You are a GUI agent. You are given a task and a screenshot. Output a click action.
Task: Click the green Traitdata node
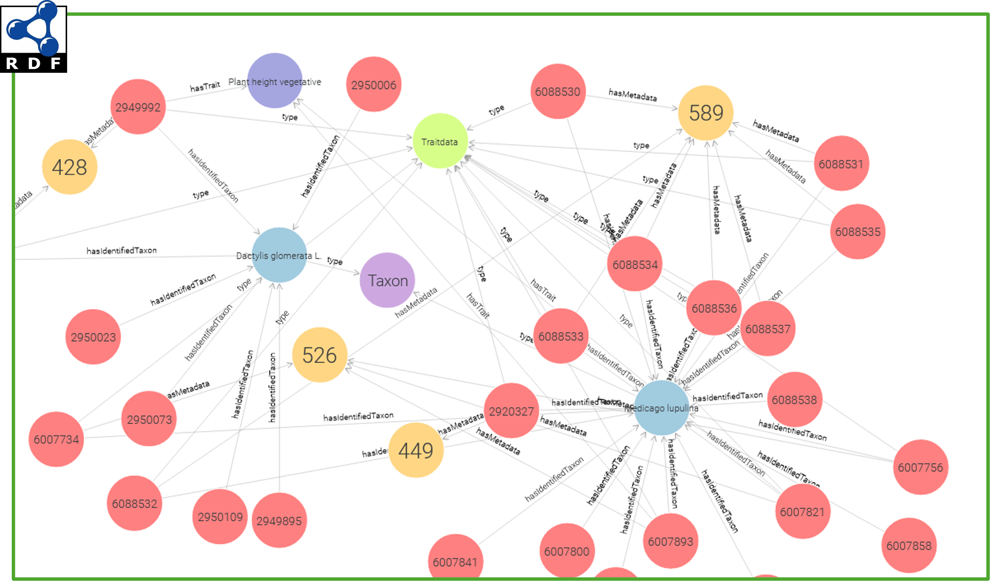440,141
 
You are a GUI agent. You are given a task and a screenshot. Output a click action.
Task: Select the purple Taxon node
387,280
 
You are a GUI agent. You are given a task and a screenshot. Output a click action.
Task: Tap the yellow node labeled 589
706,113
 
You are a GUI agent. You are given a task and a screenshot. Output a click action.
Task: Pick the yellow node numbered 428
69,167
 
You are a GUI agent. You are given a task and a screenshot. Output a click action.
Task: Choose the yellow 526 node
319,355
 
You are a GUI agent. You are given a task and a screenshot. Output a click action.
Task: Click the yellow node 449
416,450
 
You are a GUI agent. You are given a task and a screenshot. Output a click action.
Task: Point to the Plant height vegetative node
275,81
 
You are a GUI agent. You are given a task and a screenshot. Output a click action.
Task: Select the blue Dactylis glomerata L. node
279,255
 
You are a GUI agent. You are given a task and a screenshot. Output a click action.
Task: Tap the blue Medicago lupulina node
661,408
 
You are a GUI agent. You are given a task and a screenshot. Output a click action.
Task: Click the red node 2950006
374,84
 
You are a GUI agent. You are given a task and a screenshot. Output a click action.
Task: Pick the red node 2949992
138,107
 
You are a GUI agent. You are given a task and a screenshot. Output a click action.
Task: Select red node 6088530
558,91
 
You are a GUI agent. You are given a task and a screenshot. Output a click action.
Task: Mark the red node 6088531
841,163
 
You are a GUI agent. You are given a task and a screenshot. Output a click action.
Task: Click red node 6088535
858,232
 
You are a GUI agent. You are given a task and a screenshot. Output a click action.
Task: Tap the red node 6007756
920,467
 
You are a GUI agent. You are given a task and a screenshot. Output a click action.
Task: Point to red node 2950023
93,337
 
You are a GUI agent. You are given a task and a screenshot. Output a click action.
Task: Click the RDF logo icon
34,36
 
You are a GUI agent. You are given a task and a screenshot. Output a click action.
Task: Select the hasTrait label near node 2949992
205,86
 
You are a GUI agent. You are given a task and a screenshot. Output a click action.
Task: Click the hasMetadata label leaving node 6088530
632,95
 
